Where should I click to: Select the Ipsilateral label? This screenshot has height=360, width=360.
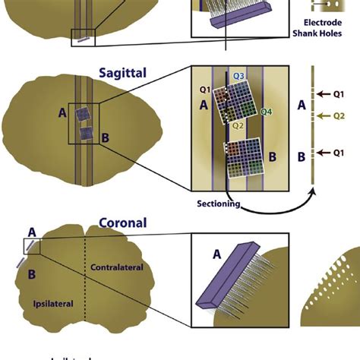pyautogui.click(x=52, y=304)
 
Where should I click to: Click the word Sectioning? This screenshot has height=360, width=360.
pyautogui.click(x=219, y=204)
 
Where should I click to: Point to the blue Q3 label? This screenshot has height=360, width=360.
pyautogui.click(x=238, y=76)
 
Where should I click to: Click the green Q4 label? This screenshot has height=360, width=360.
pyautogui.click(x=267, y=112)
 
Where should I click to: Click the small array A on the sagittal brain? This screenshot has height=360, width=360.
pyautogui.click(x=81, y=115)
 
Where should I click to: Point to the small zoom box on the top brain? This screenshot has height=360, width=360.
pyautogui.click(x=83, y=36)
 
